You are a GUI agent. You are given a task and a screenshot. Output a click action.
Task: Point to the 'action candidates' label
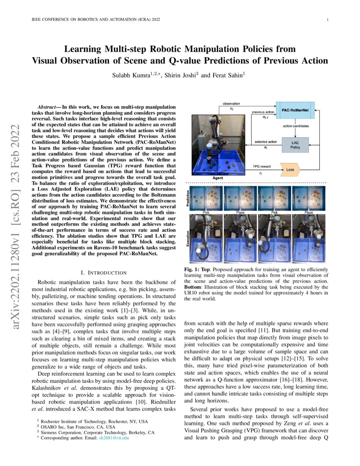[295, 126]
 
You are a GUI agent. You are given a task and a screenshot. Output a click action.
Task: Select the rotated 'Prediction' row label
[188, 198]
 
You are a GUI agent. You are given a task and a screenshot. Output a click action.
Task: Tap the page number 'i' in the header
[328, 19]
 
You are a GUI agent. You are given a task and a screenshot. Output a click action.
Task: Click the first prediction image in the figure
[206, 198]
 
